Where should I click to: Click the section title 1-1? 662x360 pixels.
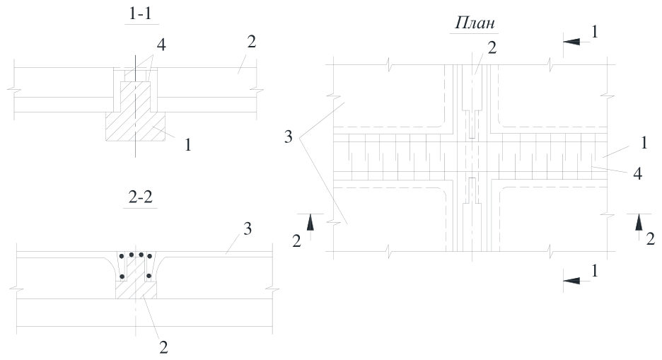tap(140, 14)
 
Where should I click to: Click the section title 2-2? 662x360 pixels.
tap(140, 197)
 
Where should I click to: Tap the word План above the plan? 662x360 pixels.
tap(474, 23)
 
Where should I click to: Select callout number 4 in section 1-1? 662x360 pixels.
tap(161, 45)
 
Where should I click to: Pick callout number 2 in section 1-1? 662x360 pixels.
tap(251, 41)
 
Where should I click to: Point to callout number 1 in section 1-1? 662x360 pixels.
tap(188, 145)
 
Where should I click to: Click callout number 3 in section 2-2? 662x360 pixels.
tap(248, 228)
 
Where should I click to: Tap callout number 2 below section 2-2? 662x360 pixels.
tap(163, 347)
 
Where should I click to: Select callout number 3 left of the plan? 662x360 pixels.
tap(288, 137)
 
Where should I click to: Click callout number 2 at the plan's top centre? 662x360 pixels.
tap(492, 47)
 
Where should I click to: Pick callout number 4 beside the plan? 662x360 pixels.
tap(637, 173)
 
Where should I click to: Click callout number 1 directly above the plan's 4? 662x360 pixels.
tap(644, 143)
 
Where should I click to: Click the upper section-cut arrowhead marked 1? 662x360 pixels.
tap(571, 41)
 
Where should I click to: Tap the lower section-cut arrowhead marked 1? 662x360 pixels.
tap(571, 281)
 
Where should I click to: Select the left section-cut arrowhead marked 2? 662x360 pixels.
tap(310, 221)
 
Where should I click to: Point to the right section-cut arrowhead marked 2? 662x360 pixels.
tap(638, 221)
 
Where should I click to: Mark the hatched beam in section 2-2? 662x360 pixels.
tap(136, 283)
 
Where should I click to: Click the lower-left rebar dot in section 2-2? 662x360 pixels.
tap(122, 277)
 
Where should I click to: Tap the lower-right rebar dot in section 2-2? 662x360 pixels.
tap(149, 276)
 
